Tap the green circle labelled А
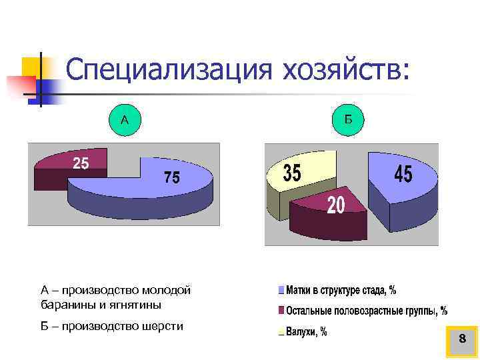coord(125,120)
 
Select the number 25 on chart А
coord(80,162)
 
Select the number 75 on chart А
coord(171,177)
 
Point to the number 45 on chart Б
coord(403,175)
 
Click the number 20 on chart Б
coord(335,205)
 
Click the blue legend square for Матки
coord(281,290)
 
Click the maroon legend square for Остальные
coord(281,311)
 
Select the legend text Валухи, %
coord(306,331)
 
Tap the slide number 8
coord(461,340)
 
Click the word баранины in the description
coord(64,305)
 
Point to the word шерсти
coord(163,326)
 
